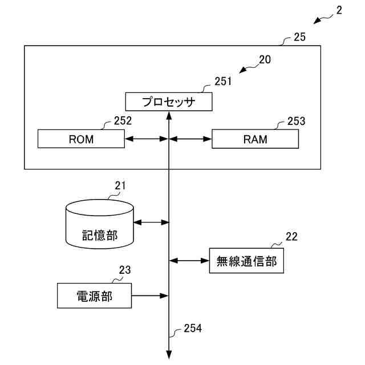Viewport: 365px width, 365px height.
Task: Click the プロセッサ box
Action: tap(168, 102)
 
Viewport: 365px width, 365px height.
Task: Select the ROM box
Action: tap(81, 139)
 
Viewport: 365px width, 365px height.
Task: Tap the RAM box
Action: tap(255, 139)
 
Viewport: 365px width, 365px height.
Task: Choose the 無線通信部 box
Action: tap(246, 261)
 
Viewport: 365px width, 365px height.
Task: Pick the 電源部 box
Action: tap(95, 295)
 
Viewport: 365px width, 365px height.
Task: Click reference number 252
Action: tap(123, 120)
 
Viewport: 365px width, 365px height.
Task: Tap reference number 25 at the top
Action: tap(300, 38)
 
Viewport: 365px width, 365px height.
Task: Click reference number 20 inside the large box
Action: tap(265, 59)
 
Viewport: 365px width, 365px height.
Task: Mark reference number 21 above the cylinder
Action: tap(120, 185)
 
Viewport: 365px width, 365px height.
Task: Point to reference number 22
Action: tap(291, 237)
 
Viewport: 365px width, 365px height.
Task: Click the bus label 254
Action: tap(193, 328)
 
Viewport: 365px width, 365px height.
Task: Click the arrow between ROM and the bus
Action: tap(147, 139)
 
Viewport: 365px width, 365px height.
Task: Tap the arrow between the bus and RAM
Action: tap(190, 139)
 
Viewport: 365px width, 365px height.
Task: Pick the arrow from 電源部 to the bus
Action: tap(151, 295)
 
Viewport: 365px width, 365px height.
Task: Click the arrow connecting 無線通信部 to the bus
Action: tap(189, 261)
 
